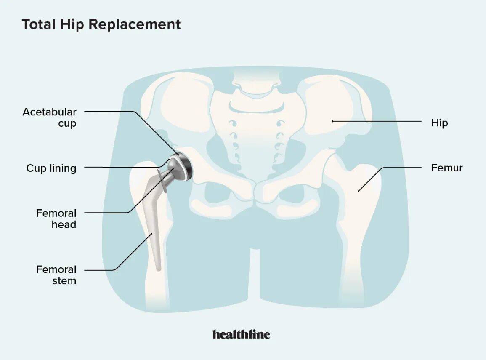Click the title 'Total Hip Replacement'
coord(101,24)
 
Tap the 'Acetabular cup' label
coord(50,117)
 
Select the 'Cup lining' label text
coord(51,168)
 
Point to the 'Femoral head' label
coord(56,219)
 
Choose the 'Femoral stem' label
coord(56,275)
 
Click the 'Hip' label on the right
coord(439,123)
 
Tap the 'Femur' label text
coord(446,168)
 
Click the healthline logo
coord(241,334)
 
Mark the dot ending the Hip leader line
coord(332,121)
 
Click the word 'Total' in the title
coord(39,24)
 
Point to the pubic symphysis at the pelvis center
coord(255,192)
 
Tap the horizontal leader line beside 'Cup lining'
coord(122,168)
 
